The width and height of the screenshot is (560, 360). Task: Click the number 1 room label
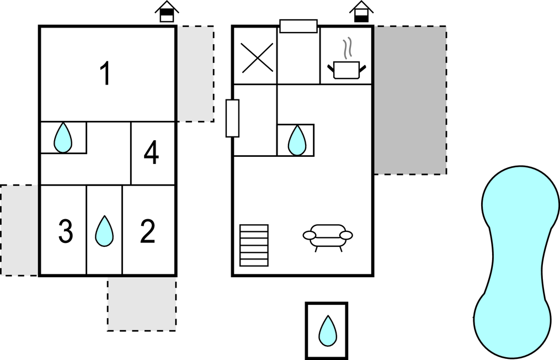tap(105, 74)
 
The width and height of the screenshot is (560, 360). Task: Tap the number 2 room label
tap(147, 232)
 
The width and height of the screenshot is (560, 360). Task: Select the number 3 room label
tap(66, 232)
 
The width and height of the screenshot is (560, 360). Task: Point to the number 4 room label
tap(151, 153)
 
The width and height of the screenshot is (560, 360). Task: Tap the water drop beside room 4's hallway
tap(63, 137)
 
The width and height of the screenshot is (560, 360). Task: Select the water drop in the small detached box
tap(327, 331)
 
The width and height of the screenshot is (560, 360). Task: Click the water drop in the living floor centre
tap(297, 140)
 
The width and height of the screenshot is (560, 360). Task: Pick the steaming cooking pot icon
tap(346, 70)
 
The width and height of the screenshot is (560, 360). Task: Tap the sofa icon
tap(328, 236)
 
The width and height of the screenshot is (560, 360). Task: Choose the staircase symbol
tap(254, 245)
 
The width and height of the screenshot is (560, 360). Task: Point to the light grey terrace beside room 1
tap(195, 73)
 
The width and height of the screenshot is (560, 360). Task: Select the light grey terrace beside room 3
tap(20, 230)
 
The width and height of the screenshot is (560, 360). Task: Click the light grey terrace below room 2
tap(142, 304)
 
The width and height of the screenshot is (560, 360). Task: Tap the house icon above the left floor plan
tap(167, 12)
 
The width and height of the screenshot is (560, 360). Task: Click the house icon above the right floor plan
tap(361, 12)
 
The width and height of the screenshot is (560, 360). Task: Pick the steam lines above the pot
tap(346, 49)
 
